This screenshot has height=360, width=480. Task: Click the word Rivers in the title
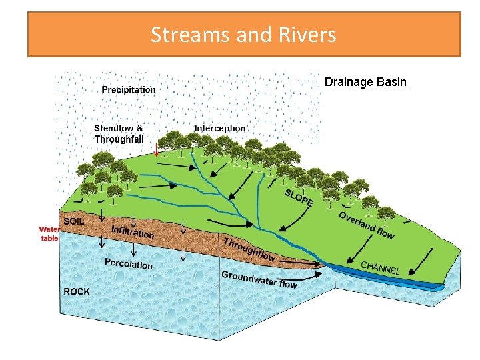point(307,34)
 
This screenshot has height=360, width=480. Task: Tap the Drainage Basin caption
point(365,83)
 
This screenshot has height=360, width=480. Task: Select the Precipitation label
point(129,89)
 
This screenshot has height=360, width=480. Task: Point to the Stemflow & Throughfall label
point(119,133)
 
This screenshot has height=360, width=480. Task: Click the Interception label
point(219,128)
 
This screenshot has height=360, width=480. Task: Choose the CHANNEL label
point(381,268)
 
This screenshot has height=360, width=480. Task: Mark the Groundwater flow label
point(259,279)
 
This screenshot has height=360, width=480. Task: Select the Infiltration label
point(133,231)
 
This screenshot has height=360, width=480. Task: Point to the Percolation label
point(128,264)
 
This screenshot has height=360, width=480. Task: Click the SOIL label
point(73,221)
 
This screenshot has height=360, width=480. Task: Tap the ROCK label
point(76,291)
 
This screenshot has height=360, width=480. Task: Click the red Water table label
point(49,233)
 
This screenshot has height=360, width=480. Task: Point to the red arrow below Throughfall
point(156,149)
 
